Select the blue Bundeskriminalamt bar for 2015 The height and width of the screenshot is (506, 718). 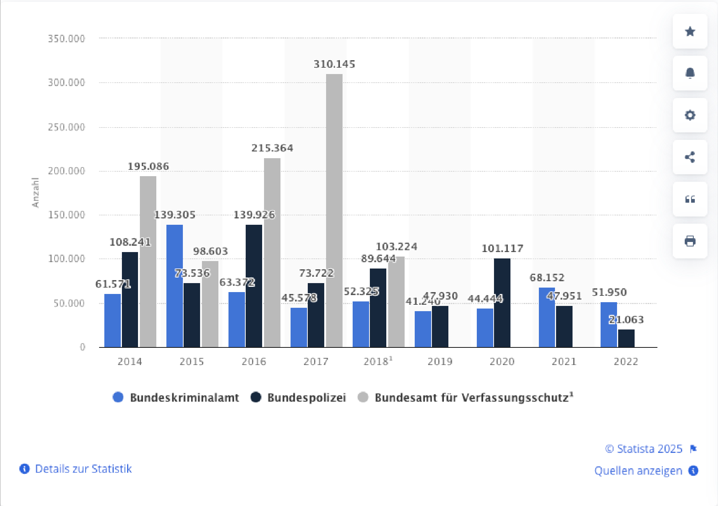[175, 286]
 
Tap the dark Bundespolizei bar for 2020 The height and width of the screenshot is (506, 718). [502, 303]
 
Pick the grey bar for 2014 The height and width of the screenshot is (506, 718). [148, 261]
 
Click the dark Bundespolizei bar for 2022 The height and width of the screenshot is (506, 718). [626, 338]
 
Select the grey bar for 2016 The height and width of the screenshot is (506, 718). [272, 252]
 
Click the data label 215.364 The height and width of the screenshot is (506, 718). [272, 148]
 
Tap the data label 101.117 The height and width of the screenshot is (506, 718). [502, 248]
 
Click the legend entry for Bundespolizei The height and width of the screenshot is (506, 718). [298, 397]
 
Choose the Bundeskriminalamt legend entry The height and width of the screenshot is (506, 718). [176, 397]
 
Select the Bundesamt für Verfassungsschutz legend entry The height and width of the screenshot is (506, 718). [465, 397]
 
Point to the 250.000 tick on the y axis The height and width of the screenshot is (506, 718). [67, 127]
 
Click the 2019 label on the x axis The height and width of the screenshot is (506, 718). [440, 361]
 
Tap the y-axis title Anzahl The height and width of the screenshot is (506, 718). [36, 193]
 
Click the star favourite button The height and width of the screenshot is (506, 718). [690, 31]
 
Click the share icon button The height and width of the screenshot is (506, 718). [690, 157]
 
